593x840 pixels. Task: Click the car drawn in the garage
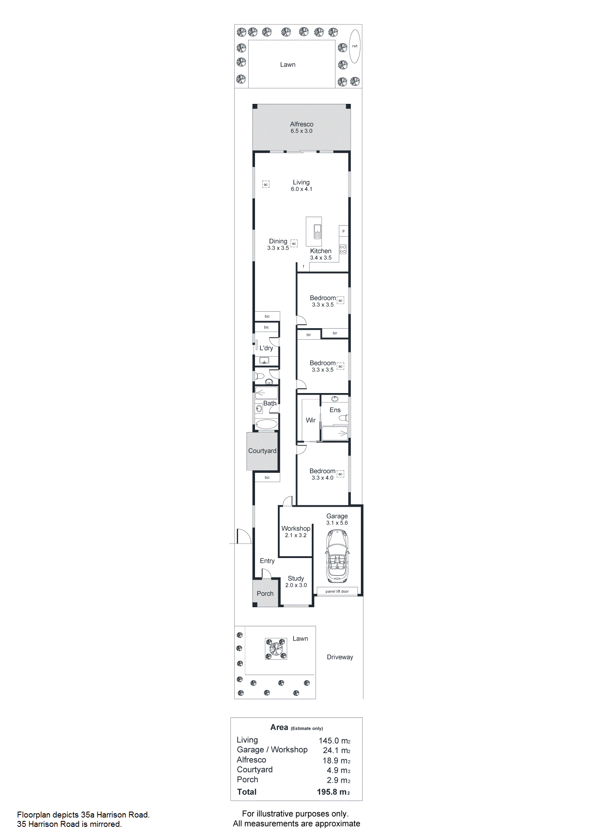pyautogui.click(x=337, y=556)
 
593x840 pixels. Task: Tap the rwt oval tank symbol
pyautogui.click(x=355, y=46)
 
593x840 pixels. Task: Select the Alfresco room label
pyautogui.click(x=302, y=124)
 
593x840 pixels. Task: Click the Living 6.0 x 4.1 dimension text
pyautogui.click(x=302, y=189)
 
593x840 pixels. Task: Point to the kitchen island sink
pyautogui.click(x=317, y=232)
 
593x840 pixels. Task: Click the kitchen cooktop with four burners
pyautogui.click(x=343, y=249)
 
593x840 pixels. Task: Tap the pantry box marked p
pyautogui.click(x=344, y=231)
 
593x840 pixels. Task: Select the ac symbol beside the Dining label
pyautogui.click(x=294, y=243)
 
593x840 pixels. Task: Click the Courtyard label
pyautogui.click(x=262, y=451)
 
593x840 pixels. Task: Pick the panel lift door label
pyautogui.click(x=337, y=591)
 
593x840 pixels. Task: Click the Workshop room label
pyautogui.click(x=296, y=528)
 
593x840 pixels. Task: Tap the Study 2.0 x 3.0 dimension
pyautogui.click(x=296, y=585)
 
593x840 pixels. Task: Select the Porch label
pyautogui.click(x=265, y=594)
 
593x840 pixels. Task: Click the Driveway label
pyautogui.click(x=340, y=657)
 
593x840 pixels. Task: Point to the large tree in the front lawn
pyautogui.click(x=276, y=649)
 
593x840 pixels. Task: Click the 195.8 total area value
pyautogui.click(x=333, y=792)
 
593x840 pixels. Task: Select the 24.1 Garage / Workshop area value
pyautogui.click(x=337, y=751)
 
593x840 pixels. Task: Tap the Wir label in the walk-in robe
pyautogui.click(x=311, y=420)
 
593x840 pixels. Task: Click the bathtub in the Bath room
pyautogui.click(x=266, y=424)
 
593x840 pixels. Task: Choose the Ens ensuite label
pyautogui.click(x=335, y=410)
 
